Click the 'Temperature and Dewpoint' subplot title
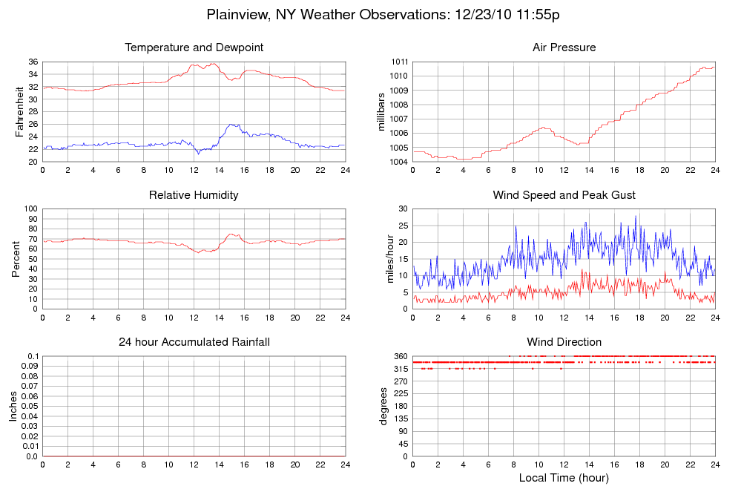pyautogui.click(x=194, y=47)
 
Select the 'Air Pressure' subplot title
pyautogui.click(x=564, y=47)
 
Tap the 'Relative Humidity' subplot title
pyautogui.click(x=194, y=195)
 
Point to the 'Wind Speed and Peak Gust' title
pyautogui.click(x=564, y=195)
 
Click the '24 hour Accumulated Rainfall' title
pyautogui.click(x=194, y=342)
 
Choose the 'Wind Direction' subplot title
pyautogui.click(x=564, y=342)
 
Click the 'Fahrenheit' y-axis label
pyautogui.click(x=19, y=111)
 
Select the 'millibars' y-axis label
pyautogui.click(x=383, y=111)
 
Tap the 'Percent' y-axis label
pyautogui.click(x=16, y=258)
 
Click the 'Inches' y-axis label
pyautogui.click(x=13, y=406)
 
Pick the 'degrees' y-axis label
pyautogui.click(x=383, y=406)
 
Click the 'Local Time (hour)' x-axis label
pyautogui.click(x=564, y=477)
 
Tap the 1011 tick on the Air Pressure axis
pyautogui.click(x=398, y=62)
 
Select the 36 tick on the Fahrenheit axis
pyautogui.click(x=33, y=62)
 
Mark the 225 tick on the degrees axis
pyautogui.click(x=401, y=407)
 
